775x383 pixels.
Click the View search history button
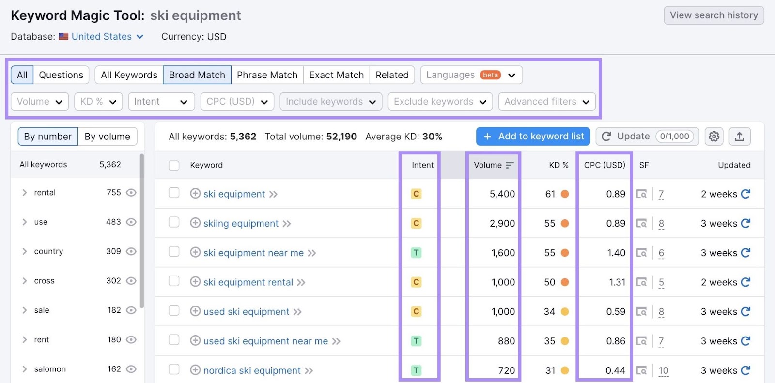click(713, 15)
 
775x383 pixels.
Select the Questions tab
click(61, 75)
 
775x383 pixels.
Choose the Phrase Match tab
click(267, 75)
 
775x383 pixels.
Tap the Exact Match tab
click(336, 75)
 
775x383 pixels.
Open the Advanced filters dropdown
click(546, 102)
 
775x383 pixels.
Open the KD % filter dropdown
click(98, 102)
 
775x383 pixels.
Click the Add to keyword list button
click(533, 137)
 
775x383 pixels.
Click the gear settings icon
click(713, 137)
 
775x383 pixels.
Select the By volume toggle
click(107, 137)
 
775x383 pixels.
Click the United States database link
click(102, 37)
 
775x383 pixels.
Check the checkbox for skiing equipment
click(174, 222)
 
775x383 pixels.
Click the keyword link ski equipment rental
click(248, 282)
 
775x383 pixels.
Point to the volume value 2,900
click(502, 224)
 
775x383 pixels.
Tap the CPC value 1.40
click(616, 253)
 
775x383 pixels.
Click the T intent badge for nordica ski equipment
click(416, 370)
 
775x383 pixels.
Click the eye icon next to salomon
click(131, 369)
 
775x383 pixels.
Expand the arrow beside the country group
click(24, 251)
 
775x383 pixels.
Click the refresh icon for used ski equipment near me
click(745, 341)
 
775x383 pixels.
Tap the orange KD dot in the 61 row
click(565, 194)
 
